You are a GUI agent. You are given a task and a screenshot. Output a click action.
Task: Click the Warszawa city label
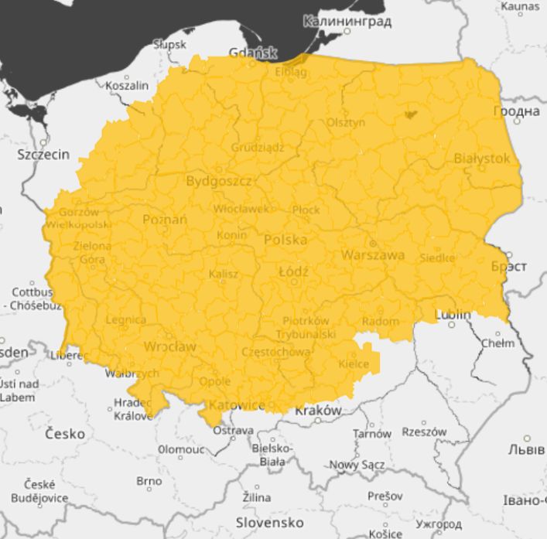pos(374,254)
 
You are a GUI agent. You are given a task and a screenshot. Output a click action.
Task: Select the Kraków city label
pos(318,411)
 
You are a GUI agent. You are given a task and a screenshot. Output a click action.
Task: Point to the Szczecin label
pos(43,155)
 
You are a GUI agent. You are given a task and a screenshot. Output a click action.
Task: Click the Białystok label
pos(482,158)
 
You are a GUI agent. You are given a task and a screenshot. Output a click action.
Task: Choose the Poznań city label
pos(165,220)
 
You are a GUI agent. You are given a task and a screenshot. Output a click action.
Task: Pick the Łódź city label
pos(294,272)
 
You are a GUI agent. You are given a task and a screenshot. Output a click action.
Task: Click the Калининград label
pos(347,22)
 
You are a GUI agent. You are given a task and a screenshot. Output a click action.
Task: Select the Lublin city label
pos(453,315)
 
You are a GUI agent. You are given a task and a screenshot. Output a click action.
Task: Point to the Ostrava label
pos(233,430)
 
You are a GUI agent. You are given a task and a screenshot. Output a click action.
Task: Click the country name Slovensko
pos(270,522)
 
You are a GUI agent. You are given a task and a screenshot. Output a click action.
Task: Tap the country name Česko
pos(65,434)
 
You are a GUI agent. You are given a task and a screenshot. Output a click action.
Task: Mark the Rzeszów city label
pos(425,432)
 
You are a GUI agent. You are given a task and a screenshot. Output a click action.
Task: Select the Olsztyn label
pos(346,122)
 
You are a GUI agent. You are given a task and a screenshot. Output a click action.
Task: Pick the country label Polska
pos(285,240)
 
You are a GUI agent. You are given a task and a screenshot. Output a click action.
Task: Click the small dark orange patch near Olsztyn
pos(409,115)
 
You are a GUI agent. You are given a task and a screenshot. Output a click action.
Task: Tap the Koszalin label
pos(127,86)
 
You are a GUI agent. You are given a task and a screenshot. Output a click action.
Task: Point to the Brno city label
pos(149,481)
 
